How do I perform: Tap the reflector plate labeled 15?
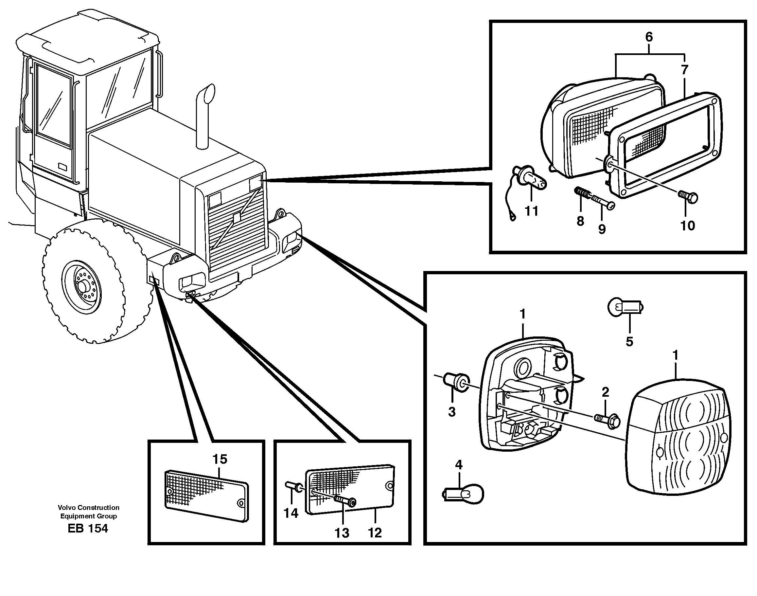coord(206,496)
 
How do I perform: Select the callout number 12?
coord(375,533)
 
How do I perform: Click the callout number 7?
coord(684,70)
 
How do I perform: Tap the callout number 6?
coord(649,37)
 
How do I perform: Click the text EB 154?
coord(88,529)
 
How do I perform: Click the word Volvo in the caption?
coord(67,508)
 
